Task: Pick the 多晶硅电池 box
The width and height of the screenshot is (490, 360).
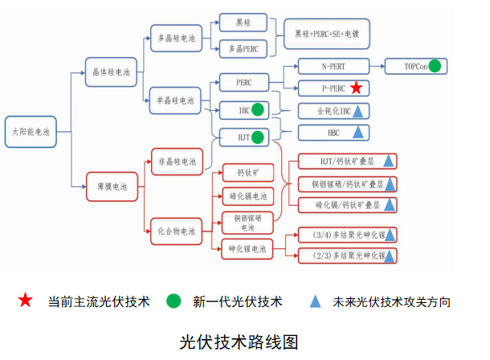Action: (x=174, y=38)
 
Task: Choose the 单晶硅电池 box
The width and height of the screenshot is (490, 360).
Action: (x=174, y=100)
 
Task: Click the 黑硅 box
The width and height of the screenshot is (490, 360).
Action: (x=243, y=22)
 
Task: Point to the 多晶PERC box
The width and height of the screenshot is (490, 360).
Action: (x=243, y=50)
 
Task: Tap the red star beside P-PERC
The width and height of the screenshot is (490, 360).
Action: (x=357, y=88)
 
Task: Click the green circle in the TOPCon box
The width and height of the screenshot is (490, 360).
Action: (x=434, y=67)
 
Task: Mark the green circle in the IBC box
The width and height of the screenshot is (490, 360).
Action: (x=258, y=110)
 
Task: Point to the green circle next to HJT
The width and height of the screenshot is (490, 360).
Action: (x=258, y=137)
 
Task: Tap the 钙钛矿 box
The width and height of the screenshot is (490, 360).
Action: (x=246, y=174)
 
